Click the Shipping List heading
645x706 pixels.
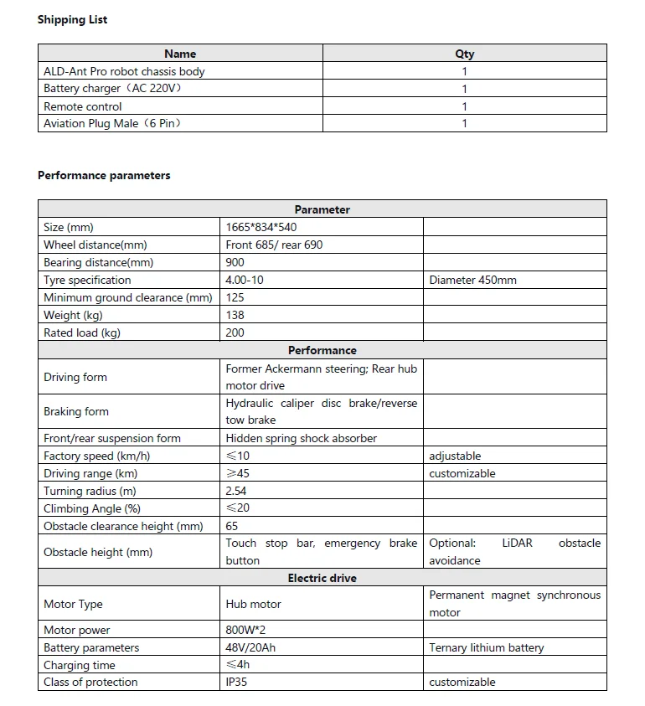coord(72,19)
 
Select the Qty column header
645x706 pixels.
coord(464,54)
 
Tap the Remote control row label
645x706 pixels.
coord(83,106)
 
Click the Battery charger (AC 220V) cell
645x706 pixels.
coord(112,89)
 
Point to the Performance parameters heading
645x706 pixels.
coord(104,175)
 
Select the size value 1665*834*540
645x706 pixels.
coord(261,227)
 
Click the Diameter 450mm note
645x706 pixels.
coord(472,280)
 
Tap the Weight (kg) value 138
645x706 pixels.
coord(235,315)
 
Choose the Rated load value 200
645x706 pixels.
coord(235,332)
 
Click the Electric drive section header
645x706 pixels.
coord(322,578)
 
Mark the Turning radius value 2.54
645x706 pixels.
coord(236,491)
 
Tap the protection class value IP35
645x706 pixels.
coord(236,682)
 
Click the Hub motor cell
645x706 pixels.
coord(253,604)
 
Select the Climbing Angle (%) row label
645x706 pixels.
coord(92,508)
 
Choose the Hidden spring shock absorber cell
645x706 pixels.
coord(301,438)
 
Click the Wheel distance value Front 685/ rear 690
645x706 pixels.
coord(274,245)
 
